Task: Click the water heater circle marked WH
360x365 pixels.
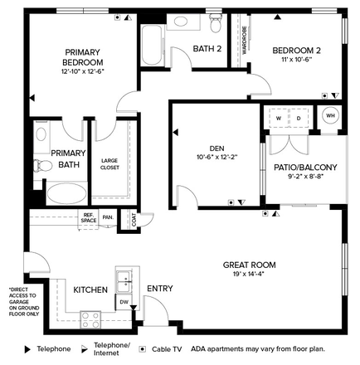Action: pos(331,115)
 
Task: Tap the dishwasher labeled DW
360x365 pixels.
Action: pos(124,302)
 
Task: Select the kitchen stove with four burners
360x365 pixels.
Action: pos(90,320)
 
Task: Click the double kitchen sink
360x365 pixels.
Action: pos(124,281)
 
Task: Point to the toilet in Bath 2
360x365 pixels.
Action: pos(216,22)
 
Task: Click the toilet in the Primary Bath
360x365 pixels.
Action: pos(43,166)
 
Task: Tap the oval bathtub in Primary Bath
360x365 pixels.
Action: pos(66,193)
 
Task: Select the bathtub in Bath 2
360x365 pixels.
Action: pos(152,46)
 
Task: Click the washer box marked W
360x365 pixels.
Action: pos(279,118)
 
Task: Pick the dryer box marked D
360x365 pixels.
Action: pos(299,118)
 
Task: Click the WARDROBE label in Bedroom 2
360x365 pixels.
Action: pos(245,40)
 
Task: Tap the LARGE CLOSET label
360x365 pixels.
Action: pos(109,164)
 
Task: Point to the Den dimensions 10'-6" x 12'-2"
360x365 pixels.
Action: pos(217,157)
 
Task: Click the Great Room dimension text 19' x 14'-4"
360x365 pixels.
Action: pos(249,274)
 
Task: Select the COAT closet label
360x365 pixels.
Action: pos(134,220)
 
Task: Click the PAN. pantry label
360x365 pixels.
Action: pos(108,217)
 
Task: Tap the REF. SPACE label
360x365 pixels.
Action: pos(89,217)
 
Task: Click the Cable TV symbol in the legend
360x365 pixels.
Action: pos(143,349)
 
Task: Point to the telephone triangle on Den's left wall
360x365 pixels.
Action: pos(176,133)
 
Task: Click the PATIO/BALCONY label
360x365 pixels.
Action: pos(305,168)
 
